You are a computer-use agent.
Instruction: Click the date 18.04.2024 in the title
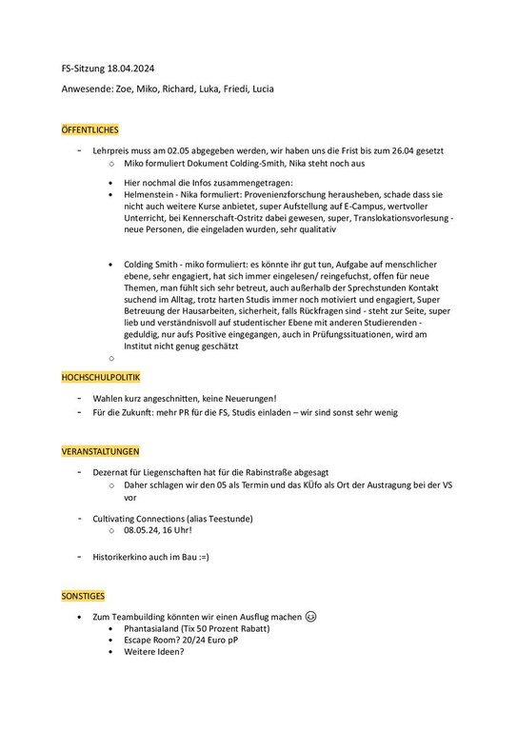pyautogui.click(x=129, y=70)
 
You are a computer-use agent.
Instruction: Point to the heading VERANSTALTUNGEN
pyautogui.click(x=99, y=449)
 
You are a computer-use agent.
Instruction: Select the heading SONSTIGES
pyautogui.click(x=82, y=595)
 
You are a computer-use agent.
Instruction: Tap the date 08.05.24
pyautogui.click(x=131, y=530)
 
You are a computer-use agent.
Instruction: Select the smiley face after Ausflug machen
pyautogui.click(x=311, y=617)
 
